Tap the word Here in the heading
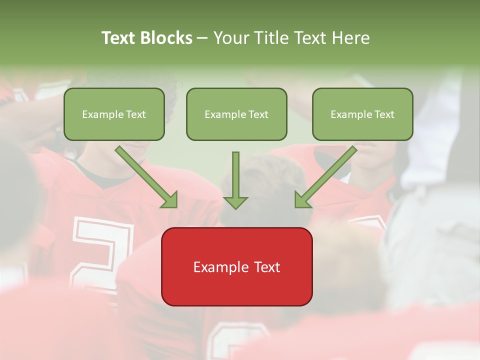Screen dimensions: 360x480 [x=350, y=38]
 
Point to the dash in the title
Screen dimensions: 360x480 [x=202, y=38]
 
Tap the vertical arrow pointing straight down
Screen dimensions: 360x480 [x=235, y=180]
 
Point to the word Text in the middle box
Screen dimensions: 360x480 [x=258, y=114]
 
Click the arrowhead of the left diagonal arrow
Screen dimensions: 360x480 [x=170, y=199]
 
